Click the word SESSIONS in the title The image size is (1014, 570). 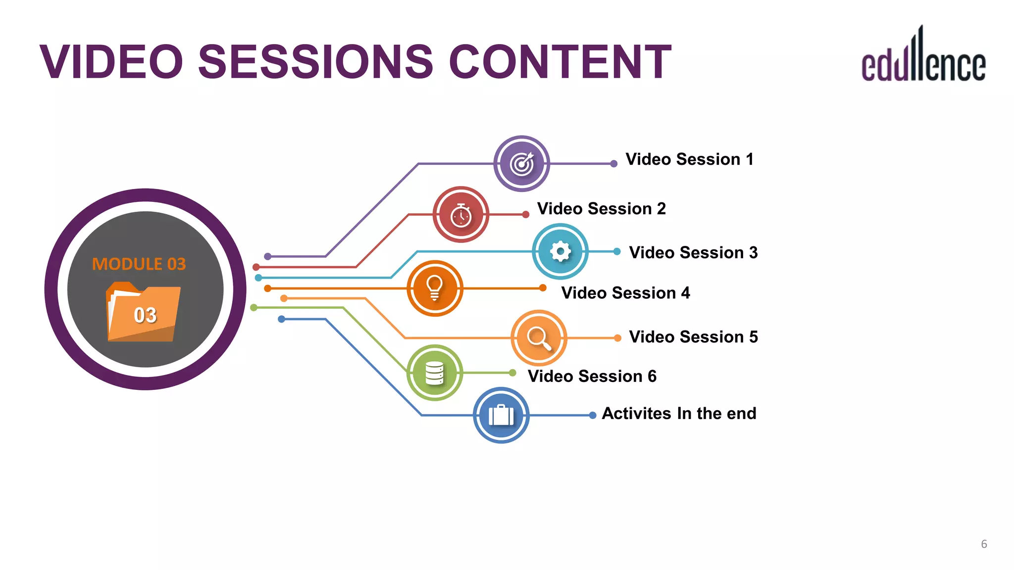316,62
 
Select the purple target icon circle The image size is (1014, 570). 521,164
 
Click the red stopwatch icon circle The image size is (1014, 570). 461,215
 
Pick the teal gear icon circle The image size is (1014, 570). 560,251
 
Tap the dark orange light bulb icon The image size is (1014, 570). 435,288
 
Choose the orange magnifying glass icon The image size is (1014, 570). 539,338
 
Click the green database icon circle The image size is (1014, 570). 435,373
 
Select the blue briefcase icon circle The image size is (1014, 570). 501,415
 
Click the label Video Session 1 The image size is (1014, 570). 689,159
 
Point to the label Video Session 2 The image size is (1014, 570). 601,209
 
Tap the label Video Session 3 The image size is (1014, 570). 693,253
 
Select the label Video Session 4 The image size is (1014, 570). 625,293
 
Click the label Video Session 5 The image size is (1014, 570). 693,337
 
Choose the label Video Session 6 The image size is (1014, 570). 592,377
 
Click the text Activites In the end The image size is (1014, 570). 679,414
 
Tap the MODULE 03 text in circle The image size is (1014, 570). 139,264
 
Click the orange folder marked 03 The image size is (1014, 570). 144,313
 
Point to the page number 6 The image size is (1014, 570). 984,544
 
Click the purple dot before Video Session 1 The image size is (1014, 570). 613,164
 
